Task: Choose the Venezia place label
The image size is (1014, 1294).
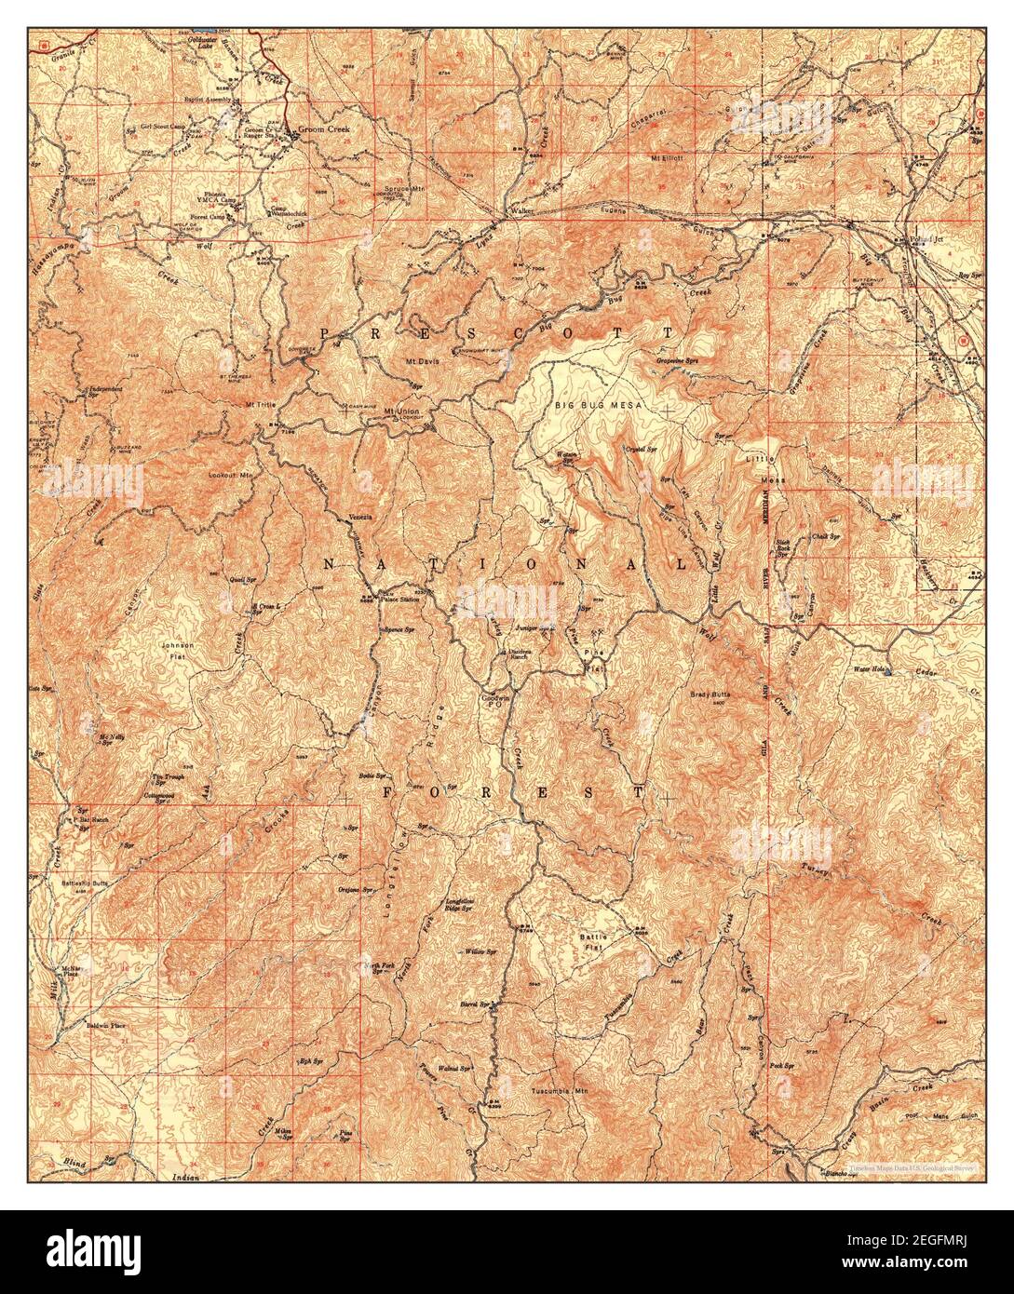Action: click(360, 518)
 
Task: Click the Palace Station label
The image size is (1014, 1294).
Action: click(399, 600)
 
